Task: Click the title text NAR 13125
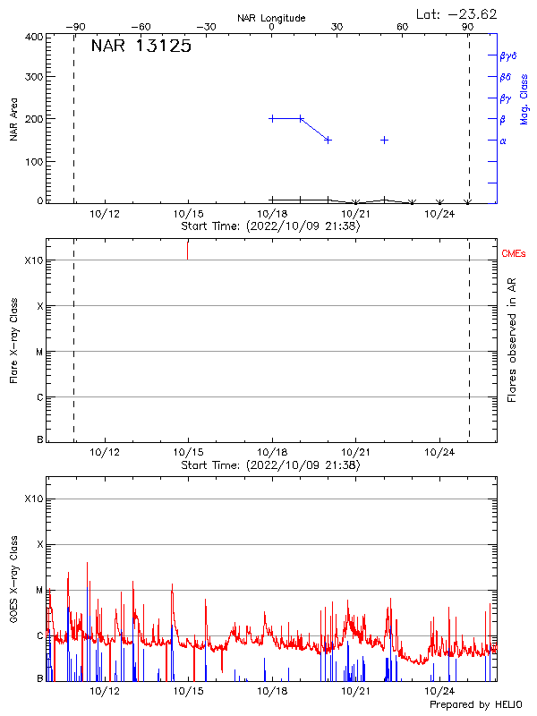(x=141, y=47)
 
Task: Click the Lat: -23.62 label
(x=457, y=13)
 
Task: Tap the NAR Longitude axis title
(x=271, y=18)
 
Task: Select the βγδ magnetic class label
(x=508, y=55)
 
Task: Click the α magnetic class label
(x=503, y=141)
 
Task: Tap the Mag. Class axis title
(x=524, y=98)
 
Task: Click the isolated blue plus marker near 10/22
(x=384, y=140)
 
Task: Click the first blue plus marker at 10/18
(x=272, y=118)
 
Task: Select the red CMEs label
(x=514, y=255)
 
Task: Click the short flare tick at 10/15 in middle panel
(x=188, y=250)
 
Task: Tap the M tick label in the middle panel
(x=39, y=352)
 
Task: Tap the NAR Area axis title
(x=13, y=119)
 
